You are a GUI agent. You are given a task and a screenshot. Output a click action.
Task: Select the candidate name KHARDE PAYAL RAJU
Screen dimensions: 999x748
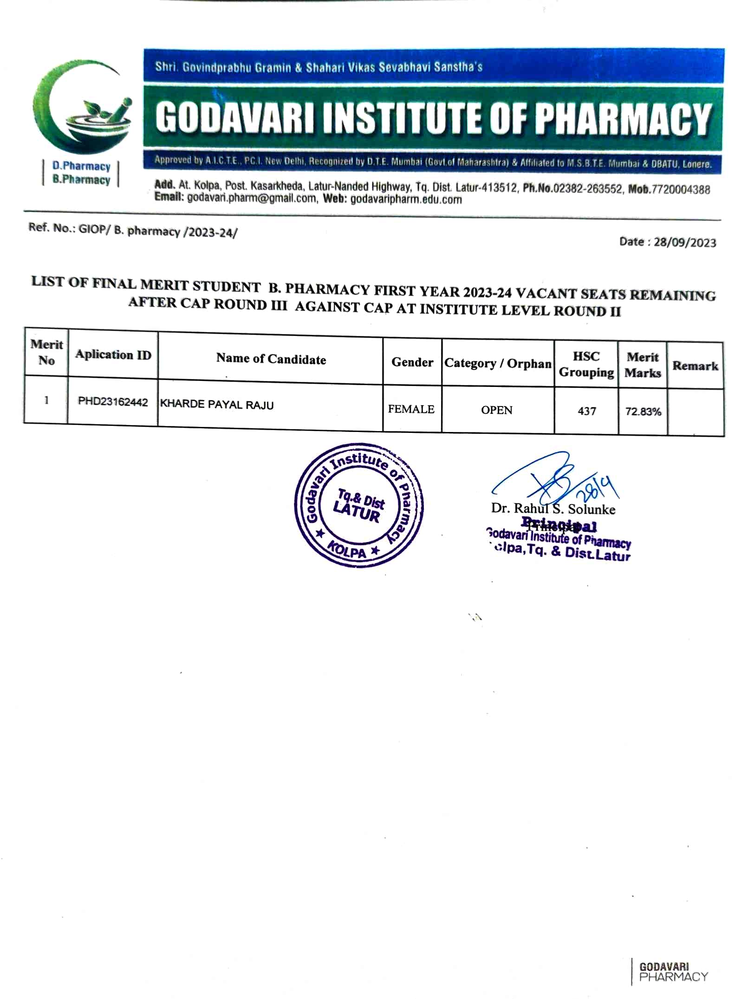pos(216,405)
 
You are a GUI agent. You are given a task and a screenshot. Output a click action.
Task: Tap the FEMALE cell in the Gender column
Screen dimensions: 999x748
pos(411,409)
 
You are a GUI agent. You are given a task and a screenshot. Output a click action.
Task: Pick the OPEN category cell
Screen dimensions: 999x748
pos(496,410)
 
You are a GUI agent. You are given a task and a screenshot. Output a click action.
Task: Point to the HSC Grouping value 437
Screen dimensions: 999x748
pos(586,411)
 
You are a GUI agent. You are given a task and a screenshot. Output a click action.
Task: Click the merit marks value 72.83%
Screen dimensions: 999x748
pos(643,412)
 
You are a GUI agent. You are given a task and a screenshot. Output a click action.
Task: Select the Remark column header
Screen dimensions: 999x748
pos(695,366)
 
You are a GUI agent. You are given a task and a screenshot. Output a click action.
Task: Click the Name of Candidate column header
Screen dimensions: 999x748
pos(271,359)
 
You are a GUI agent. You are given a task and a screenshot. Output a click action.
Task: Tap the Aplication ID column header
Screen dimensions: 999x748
pos(113,355)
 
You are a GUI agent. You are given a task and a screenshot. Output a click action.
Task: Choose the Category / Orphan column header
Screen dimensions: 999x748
pos(497,363)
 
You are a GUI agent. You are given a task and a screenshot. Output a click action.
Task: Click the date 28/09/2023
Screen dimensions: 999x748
pos(684,243)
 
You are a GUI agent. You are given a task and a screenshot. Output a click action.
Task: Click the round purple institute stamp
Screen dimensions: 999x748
pos(359,505)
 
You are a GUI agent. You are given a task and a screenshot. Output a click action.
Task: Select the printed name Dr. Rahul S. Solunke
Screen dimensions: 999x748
pos(553,509)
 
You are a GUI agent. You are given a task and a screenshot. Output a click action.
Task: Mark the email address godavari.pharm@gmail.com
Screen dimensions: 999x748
pos(251,199)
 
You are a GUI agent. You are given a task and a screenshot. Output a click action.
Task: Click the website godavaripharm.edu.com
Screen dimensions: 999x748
pos(406,200)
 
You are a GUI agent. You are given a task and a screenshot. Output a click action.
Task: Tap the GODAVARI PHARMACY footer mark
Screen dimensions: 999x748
pos(672,972)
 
